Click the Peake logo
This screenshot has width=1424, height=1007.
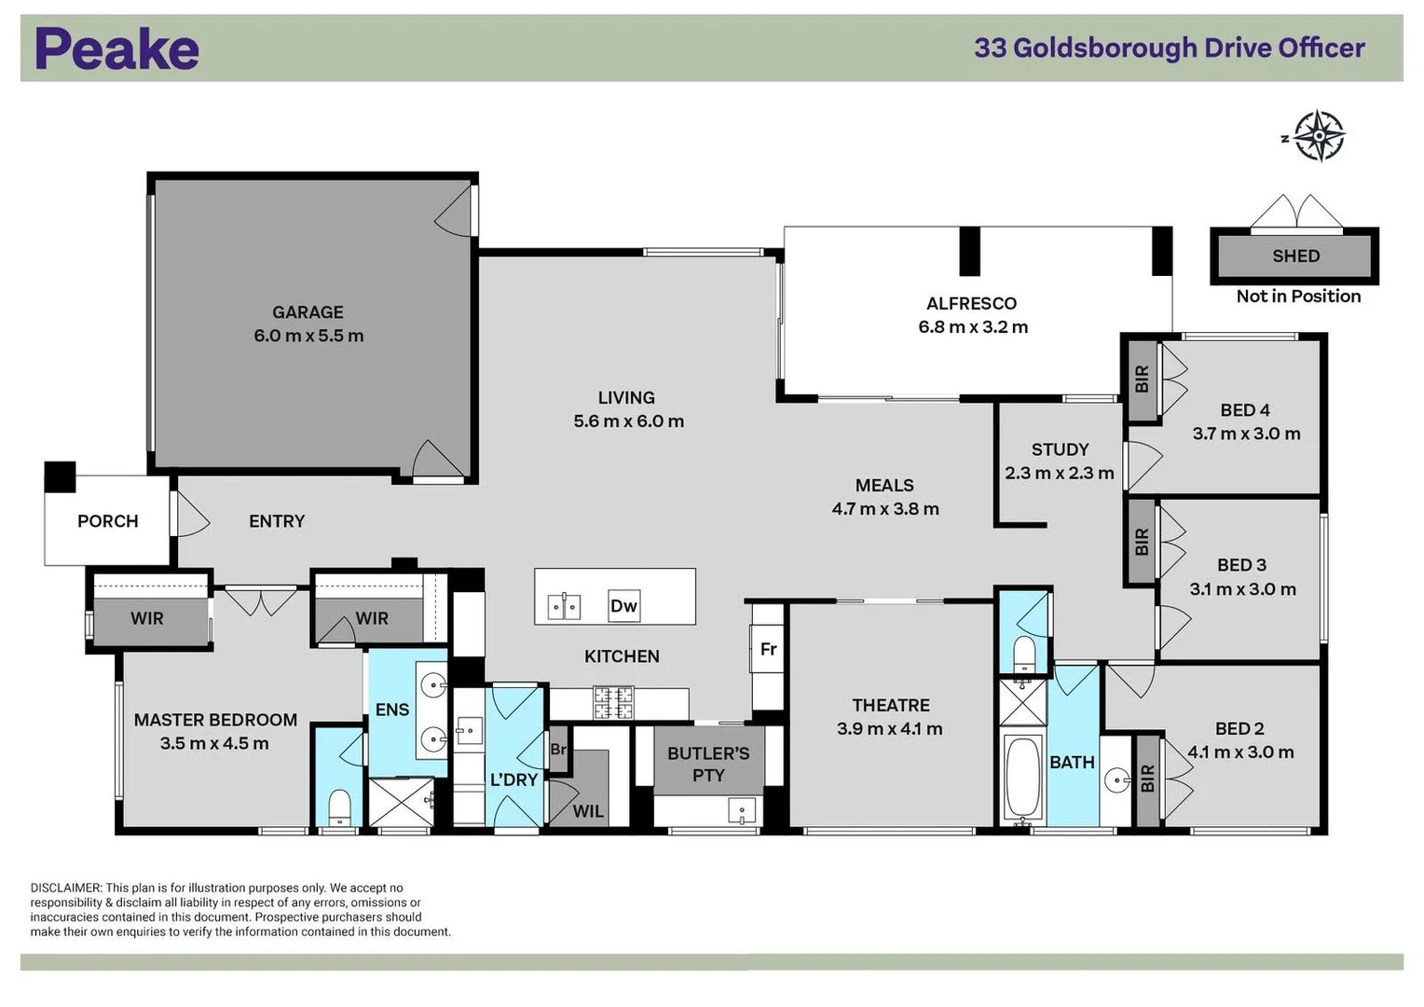116,48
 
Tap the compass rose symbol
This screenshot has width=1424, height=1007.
1319,136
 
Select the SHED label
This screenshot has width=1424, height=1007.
1295,255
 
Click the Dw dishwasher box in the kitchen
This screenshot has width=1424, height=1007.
623,606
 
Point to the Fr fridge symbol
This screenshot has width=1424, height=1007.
768,649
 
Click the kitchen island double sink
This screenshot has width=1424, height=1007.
564,607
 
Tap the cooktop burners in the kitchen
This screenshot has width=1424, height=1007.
613,702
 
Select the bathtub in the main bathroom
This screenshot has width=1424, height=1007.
1022,777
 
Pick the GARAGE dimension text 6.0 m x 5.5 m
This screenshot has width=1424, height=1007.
308,336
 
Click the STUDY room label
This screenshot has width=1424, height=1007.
1060,449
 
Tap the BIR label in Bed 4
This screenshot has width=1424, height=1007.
1143,378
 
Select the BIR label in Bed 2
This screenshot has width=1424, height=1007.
1147,779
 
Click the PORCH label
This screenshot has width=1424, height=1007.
107,521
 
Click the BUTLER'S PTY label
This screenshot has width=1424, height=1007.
708,764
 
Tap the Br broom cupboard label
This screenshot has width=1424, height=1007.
558,749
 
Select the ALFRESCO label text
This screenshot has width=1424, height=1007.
971,303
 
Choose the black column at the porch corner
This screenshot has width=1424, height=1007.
61,476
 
